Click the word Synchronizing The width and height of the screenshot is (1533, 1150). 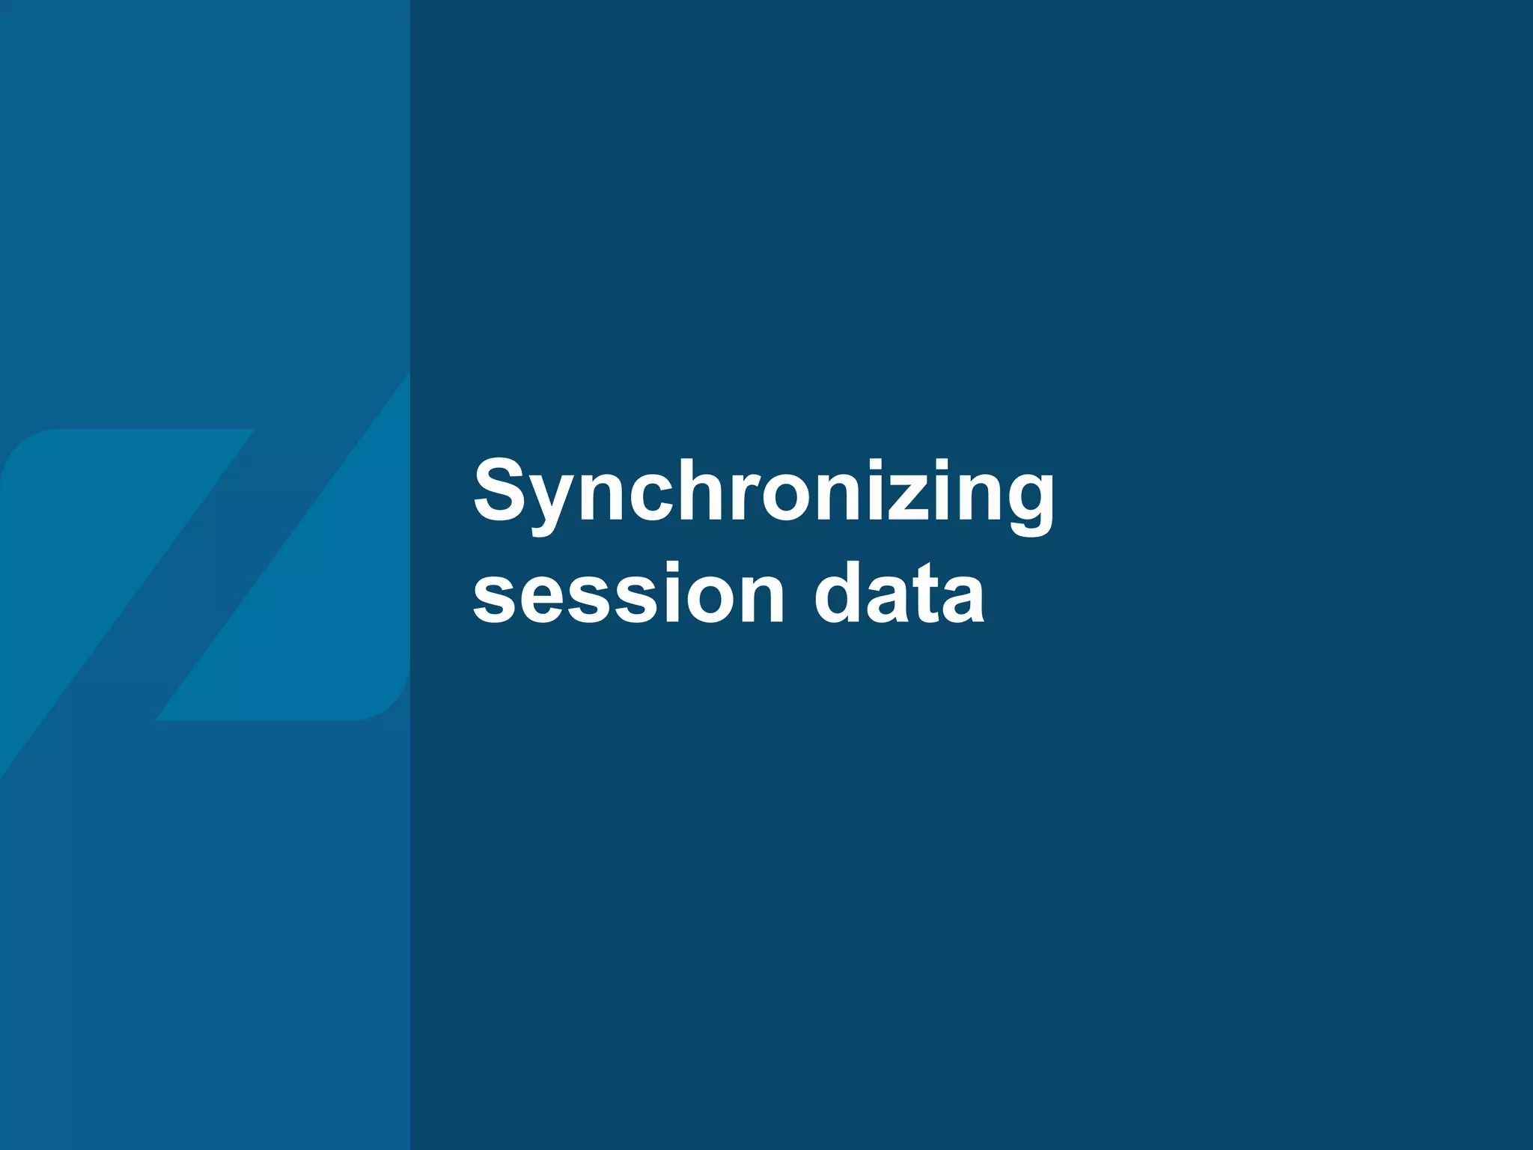764,494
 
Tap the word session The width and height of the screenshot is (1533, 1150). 629,595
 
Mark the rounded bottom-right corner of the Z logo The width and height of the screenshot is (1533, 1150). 385,700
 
